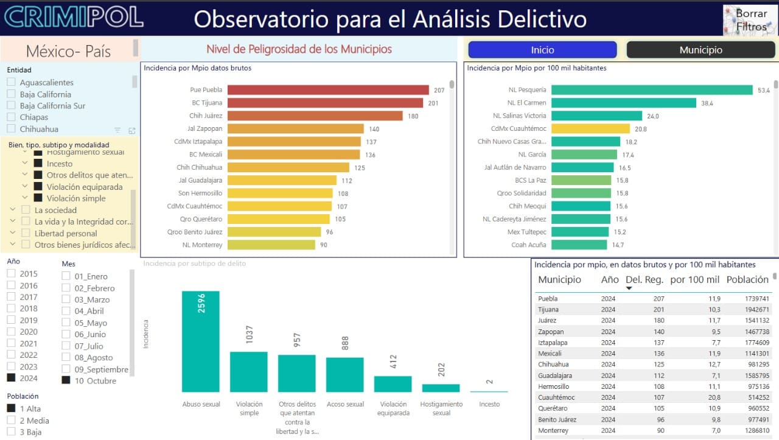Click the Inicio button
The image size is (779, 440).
tap(542, 50)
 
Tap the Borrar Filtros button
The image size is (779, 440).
tap(750, 20)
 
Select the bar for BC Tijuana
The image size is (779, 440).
tap(325, 103)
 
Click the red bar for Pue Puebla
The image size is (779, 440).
tap(328, 90)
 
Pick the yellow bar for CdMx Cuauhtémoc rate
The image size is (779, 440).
tap(590, 128)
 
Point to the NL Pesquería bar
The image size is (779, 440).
tap(652, 90)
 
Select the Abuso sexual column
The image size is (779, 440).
tap(201, 341)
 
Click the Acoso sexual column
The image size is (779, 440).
tap(344, 375)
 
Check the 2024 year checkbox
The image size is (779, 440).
tap(11, 378)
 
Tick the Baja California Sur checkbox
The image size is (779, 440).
tap(11, 105)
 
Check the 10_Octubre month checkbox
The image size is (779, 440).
tap(66, 380)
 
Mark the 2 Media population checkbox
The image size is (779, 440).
tap(11, 420)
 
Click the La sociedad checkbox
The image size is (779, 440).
tap(26, 210)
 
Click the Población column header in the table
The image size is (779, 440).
tap(747, 280)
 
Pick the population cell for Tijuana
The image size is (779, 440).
tap(756, 310)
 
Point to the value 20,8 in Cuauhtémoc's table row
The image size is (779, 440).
tap(714, 397)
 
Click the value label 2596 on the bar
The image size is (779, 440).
tap(201, 303)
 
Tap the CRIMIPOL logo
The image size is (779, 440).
tap(74, 17)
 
